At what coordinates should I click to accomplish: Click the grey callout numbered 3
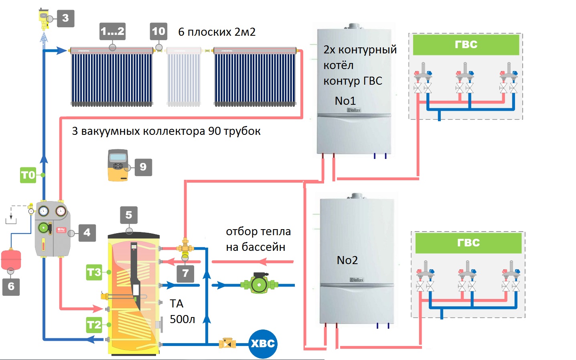coord(66,18)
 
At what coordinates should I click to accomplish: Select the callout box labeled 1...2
coord(112,31)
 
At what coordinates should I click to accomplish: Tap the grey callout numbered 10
coord(158,31)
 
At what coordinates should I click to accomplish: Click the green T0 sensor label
coord(28,175)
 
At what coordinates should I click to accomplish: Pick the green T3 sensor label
coord(94,273)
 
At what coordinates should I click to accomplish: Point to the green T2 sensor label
coord(94,325)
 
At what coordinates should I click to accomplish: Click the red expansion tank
coord(11,259)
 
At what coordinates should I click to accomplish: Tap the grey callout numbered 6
coord(11,287)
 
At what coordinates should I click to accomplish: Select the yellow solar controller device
coord(118,165)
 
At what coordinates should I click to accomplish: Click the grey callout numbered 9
coord(143,167)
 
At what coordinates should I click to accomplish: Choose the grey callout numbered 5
coord(129,215)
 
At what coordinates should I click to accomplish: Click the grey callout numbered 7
coord(185,274)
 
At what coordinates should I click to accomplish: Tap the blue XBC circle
coord(263,344)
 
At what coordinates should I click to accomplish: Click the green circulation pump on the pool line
coord(259,285)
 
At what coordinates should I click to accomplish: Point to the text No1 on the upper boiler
coord(345,101)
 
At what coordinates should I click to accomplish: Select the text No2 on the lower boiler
coord(347,260)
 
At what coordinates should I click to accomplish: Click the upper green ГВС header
coord(466,45)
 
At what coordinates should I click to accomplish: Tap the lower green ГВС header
coord(468,243)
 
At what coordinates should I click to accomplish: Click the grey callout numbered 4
coord(87,233)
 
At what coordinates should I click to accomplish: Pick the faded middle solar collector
coord(183,77)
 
